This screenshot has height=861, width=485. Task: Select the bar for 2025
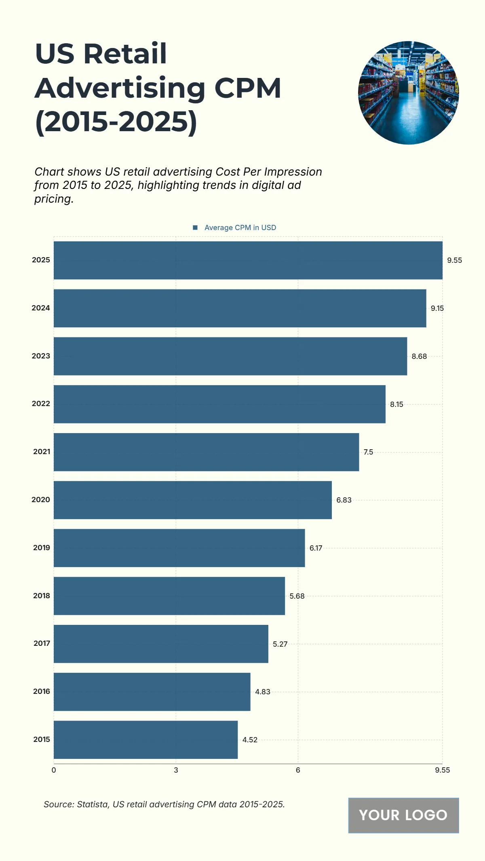[x=248, y=260]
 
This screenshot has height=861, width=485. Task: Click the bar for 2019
[x=179, y=548]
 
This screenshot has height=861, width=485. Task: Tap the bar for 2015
[x=145, y=739]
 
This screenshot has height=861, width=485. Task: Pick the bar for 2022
[x=219, y=404]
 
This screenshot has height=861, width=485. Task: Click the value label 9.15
[x=437, y=308]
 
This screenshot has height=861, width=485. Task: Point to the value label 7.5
[x=368, y=452]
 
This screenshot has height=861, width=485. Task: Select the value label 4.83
[x=262, y=692]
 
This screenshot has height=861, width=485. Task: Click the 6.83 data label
[x=344, y=500]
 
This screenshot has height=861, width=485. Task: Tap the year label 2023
[x=41, y=356]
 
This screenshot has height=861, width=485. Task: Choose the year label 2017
[x=42, y=643]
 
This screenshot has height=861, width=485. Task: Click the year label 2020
[x=41, y=500]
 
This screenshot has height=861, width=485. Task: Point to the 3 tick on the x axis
[x=176, y=770]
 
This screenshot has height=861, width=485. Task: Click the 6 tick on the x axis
[x=298, y=770]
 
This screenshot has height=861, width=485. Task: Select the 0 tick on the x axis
[x=54, y=770]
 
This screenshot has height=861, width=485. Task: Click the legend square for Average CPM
[x=195, y=228]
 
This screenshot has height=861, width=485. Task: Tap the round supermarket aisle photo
[x=408, y=93]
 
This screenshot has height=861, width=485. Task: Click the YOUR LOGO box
[x=403, y=815]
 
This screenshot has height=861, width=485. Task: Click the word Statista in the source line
[x=93, y=804]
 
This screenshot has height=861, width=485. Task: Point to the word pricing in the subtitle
[x=53, y=199]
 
